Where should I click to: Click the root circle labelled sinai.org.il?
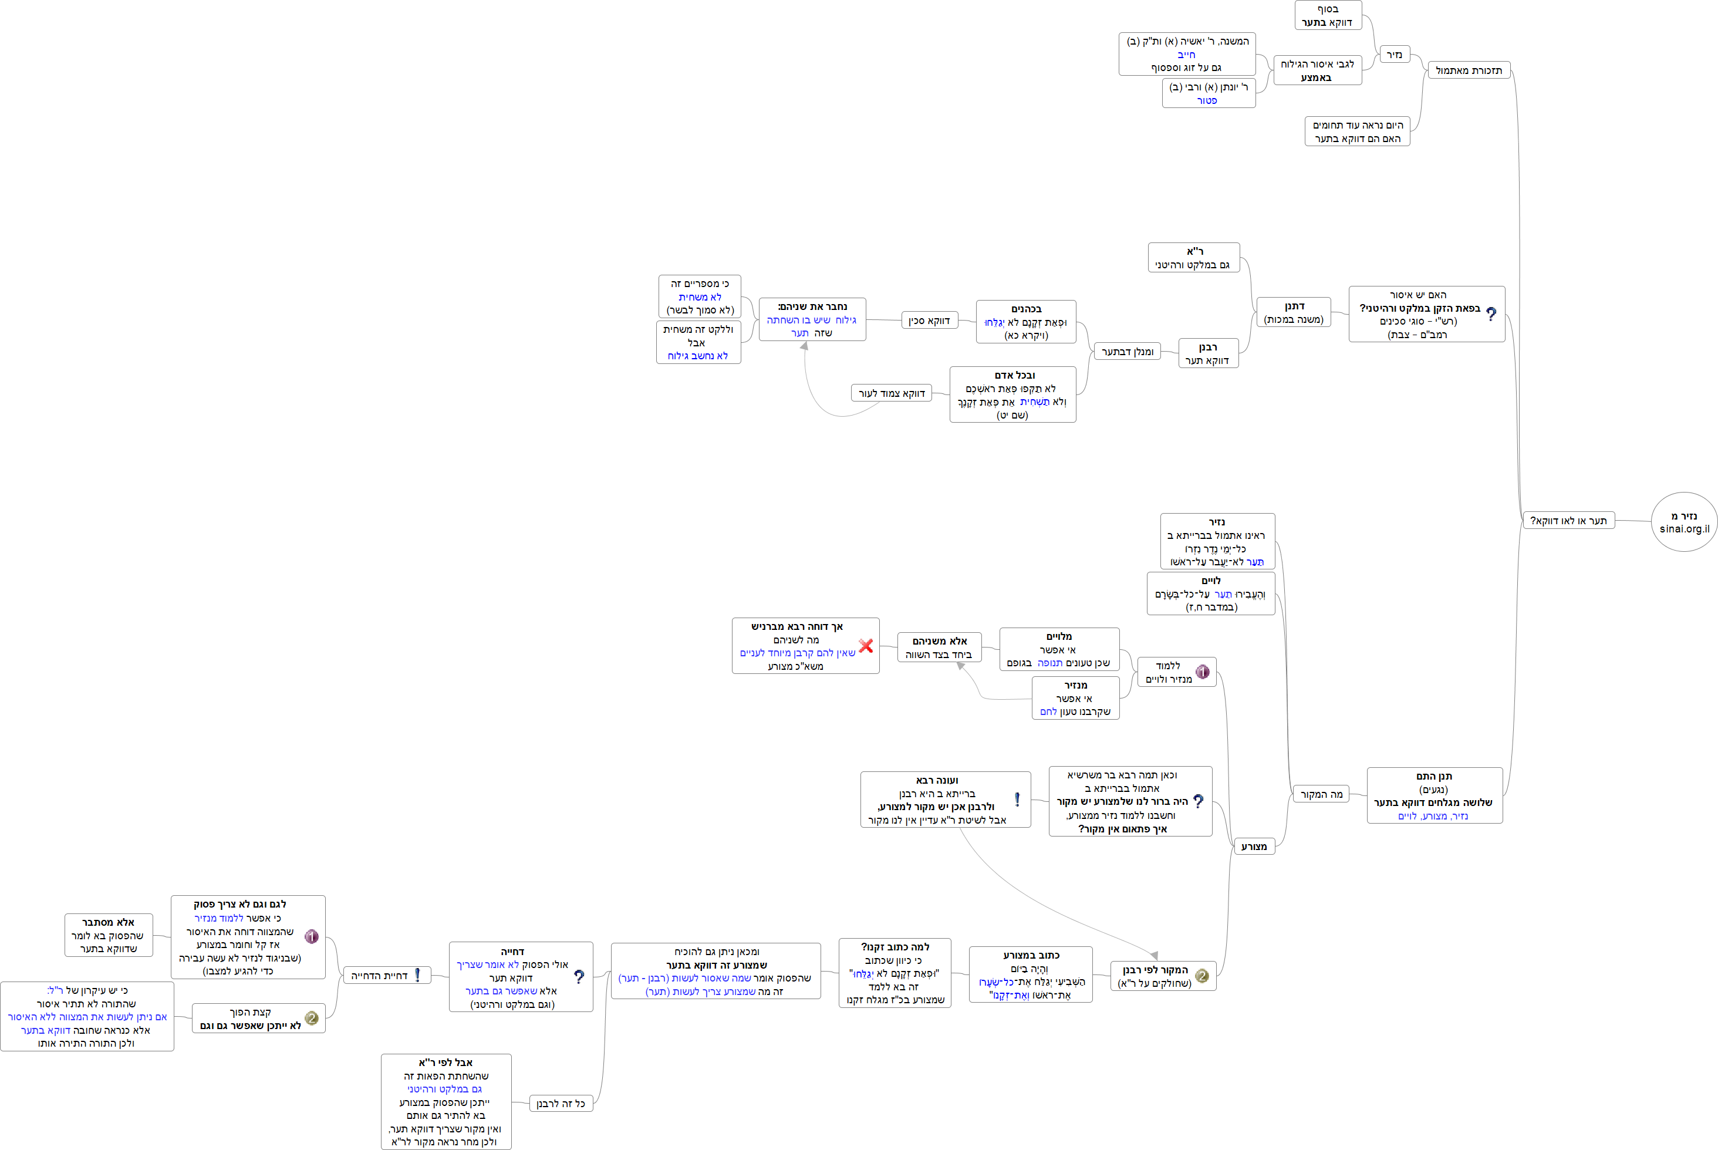(x=1683, y=522)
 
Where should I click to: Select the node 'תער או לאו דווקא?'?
(x=1568, y=521)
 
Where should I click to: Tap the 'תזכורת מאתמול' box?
(x=1468, y=70)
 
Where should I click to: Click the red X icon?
(x=866, y=645)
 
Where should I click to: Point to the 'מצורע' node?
(x=1254, y=847)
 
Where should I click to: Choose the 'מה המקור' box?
(x=1321, y=794)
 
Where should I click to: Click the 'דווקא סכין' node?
(x=929, y=321)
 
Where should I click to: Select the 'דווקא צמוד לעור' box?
(x=891, y=393)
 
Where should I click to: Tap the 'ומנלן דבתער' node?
(x=1127, y=352)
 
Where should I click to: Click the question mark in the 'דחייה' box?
(x=579, y=977)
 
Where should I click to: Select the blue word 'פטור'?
(x=1207, y=100)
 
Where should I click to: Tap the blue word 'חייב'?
(x=1186, y=54)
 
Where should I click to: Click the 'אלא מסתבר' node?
(x=109, y=935)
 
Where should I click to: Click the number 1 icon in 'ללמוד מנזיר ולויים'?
(x=1203, y=672)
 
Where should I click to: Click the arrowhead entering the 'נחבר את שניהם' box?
(x=804, y=345)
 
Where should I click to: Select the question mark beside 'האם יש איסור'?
(x=1491, y=314)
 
